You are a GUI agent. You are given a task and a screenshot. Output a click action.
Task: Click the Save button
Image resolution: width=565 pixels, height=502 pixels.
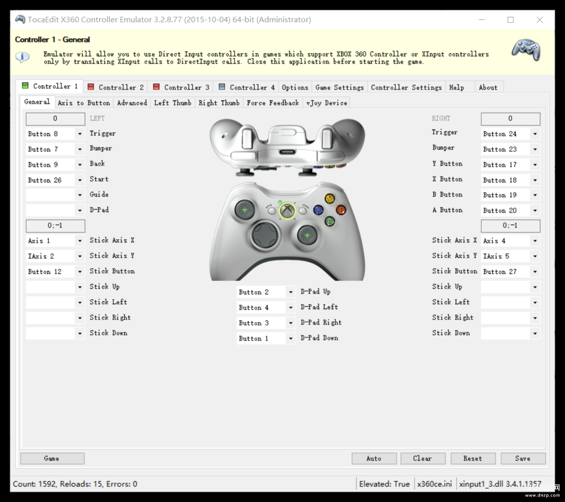click(x=523, y=459)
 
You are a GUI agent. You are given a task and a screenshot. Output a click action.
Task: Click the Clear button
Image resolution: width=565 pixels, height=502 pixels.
click(x=423, y=459)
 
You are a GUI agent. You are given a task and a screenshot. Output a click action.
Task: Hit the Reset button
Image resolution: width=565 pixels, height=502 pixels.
click(x=473, y=459)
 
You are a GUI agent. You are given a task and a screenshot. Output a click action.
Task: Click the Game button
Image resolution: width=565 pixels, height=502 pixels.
click(x=52, y=459)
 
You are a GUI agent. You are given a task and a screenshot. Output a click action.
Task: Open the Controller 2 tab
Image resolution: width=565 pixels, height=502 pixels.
click(x=116, y=87)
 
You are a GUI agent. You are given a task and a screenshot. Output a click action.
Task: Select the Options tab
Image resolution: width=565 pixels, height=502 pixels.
click(x=295, y=87)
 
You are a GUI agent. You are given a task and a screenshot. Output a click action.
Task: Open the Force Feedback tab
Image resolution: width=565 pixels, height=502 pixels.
click(x=273, y=103)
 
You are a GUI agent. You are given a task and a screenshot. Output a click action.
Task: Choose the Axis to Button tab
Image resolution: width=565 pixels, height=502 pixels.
click(x=84, y=103)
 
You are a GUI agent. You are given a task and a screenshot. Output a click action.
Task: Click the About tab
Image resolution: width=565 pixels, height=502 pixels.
click(x=488, y=87)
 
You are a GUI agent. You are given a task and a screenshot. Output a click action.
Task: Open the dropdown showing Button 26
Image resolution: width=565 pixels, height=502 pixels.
click(x=55, y=180)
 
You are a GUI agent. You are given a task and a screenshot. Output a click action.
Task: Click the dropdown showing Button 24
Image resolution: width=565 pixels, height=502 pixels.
click(x=510, y=134)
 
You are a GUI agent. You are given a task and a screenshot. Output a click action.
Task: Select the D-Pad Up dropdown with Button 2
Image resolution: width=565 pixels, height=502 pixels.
click(x=266, y=292)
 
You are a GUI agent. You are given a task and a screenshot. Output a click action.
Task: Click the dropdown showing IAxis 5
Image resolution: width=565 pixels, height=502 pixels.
click(x=510, y=256)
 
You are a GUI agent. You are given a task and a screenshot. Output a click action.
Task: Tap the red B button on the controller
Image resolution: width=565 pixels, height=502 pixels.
click(x=341, y=210)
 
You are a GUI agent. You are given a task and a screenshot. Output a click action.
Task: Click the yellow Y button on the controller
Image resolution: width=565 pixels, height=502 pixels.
click(x=329, y=198)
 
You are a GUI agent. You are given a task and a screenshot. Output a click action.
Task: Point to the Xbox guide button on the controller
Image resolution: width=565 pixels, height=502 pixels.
click(x=287, y=211)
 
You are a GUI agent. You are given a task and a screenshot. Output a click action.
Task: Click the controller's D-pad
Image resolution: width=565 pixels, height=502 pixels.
click(x=265, y=235)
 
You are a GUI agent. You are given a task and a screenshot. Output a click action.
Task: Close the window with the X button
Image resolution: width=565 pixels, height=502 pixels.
click(x=539, y=20)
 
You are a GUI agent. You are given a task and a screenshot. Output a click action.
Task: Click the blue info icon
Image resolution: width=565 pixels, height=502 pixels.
click(x=22, y=57)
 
